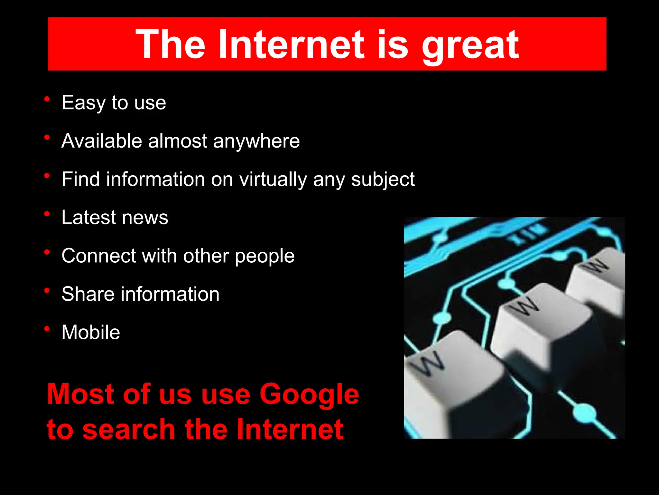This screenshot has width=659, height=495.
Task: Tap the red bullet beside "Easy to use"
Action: (x=47, y=99)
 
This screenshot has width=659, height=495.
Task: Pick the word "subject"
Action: (x=383, y=180)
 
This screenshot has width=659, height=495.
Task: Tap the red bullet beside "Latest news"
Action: (x=47, y=214)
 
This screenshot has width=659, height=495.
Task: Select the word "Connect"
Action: (x=99, y=256)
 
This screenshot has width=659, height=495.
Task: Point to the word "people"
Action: (x=265, y=257)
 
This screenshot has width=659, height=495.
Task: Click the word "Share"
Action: (x=88, y=294)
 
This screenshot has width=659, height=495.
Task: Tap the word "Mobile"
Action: (x=91, y=332)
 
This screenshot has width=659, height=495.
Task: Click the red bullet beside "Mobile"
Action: (x=47, y=329)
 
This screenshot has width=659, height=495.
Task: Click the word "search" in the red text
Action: (x=129, y=429)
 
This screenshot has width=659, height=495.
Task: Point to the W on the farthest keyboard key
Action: (x=595, y=265)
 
